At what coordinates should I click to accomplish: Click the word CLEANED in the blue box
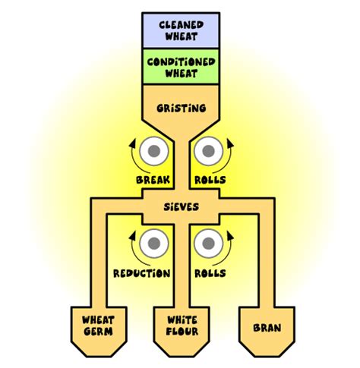click(179, 24)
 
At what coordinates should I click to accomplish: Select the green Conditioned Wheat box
click(179, 66)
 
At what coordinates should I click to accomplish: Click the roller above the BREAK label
click(153, 151)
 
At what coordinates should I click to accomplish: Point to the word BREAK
click(153, 180)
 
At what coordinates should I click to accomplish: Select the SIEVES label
click(179, 206)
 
